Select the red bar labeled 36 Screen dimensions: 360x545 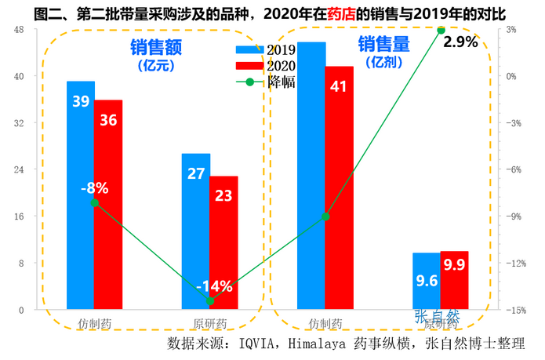pyautogui.click(x=108, y=204)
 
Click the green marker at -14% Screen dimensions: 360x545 pyautogui.click(x=209, y=300)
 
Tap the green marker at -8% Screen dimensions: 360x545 pyautogui.click(x=94, y=202)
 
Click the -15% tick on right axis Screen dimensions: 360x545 pyautogui.click(x=514, y=310)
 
